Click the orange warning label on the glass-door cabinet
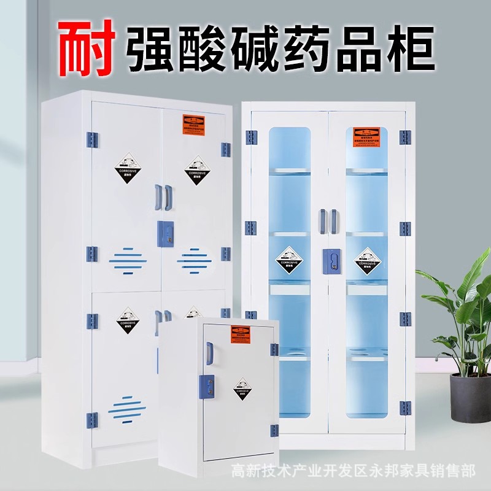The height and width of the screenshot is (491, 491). click(x=365, y=136)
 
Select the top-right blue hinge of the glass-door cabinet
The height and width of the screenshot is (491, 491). click(x=405, y=137)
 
